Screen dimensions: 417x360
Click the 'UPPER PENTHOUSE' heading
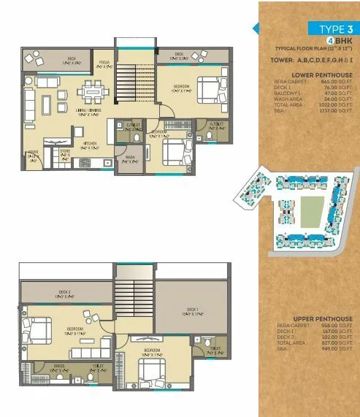coord(322,319)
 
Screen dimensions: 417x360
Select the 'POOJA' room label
coord(104,64)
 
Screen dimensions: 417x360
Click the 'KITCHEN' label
coord(89,143)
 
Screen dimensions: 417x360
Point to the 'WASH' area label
coord(129,158)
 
